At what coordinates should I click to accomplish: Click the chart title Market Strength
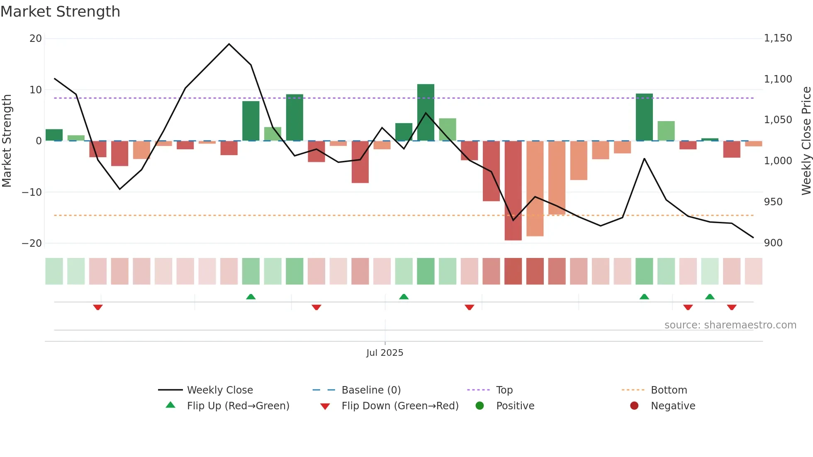coord(60,12)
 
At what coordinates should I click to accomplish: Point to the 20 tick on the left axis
coord(36,39)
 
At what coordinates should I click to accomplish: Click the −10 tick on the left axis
coord(32,192)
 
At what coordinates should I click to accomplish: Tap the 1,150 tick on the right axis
coord(778,38)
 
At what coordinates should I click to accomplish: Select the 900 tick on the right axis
coord(773,243)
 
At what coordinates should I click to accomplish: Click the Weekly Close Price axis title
coord(806,141)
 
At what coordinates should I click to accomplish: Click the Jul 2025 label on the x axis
coord(385,352)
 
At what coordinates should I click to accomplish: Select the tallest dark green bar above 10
coord(426,112)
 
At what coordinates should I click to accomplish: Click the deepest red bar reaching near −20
coord(513,191)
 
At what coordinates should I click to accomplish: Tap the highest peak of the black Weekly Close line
coord(229,44)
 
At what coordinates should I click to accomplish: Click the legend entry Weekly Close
coord(219,390)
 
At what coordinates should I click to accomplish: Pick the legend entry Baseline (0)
coord(371,390)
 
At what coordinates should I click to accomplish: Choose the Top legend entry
coord(504,390)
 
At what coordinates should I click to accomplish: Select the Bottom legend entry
coord(669,390)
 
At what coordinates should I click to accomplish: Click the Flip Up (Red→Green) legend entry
coord(238,406)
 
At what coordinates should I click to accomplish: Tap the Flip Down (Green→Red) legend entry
coord(400,406)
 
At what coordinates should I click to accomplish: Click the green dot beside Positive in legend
coord(480,406)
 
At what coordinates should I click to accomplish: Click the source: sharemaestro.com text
coord(730,325)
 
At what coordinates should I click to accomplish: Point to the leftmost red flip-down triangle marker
coord(98,307)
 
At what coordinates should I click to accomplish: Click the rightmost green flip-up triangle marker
coord(710,297)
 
